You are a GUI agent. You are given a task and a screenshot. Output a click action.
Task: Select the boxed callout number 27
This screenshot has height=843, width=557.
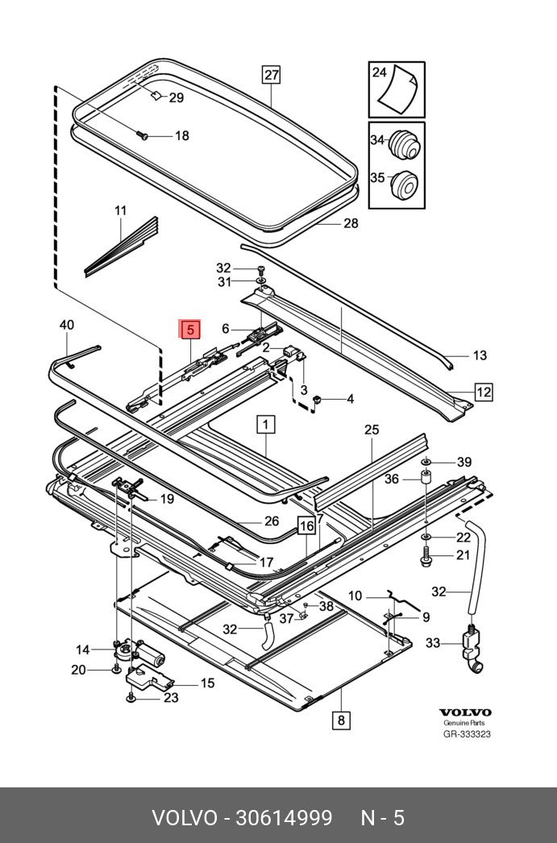tap(272, 76)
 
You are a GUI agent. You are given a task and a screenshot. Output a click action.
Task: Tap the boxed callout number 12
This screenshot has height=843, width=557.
tap(483, 392)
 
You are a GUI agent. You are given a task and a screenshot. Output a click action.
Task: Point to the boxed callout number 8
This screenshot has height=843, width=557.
tap(341, 720)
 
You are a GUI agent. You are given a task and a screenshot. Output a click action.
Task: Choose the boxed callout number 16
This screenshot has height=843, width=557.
tap(306, 526)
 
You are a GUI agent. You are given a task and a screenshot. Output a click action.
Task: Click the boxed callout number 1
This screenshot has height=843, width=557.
tap(266, 422)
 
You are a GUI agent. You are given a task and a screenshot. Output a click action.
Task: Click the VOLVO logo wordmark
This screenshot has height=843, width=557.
tap(465, 712)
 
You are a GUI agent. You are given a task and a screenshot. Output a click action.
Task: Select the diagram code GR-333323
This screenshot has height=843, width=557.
tap(467, 734)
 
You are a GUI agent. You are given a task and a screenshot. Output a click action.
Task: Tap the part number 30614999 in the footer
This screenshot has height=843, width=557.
tap(283, 819)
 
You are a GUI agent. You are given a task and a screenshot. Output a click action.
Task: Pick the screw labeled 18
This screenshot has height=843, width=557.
tap(143, 136)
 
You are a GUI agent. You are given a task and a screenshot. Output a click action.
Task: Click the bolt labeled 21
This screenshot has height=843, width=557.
tap(426, 554)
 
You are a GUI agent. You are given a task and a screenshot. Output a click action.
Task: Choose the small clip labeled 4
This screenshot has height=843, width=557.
tap(318, 398)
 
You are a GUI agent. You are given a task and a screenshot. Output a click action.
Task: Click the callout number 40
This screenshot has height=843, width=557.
tap(67, 325)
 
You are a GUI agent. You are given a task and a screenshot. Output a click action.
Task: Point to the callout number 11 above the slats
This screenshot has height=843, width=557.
tap(120, 211)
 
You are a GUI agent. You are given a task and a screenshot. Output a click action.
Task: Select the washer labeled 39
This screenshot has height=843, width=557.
tap(426, 462)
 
